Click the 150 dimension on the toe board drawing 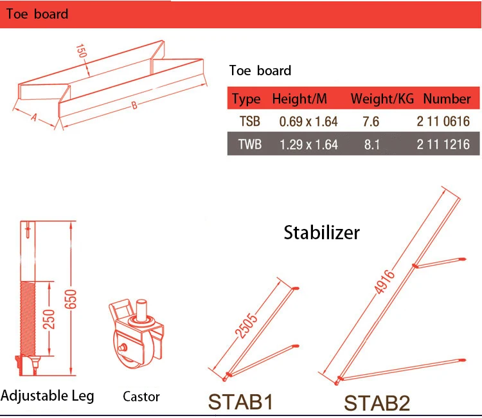click(81, 51)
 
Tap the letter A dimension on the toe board click(34, 117)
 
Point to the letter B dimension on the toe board click(134, 105)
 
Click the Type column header click(246, 99)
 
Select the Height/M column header click(299, 99)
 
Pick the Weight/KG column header click(382, 99)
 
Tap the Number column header click(447, 99)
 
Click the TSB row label click(249, 121)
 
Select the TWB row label click(250, 144)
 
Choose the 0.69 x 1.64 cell click(308, 122)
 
